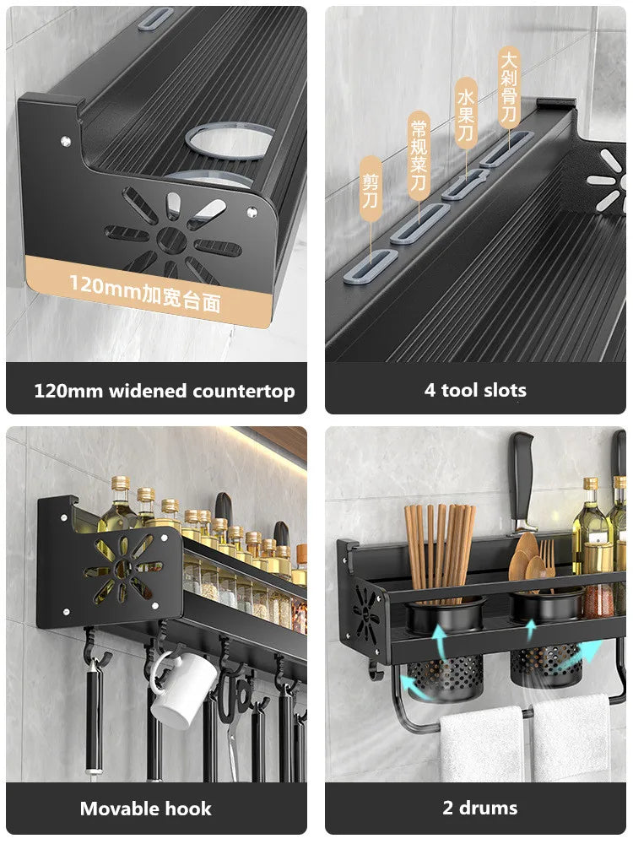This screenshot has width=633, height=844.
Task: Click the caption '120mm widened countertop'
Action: pyautogui.click(x=164, y=391)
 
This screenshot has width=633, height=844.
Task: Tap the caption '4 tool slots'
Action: pyautogui.click(x=475, y=390)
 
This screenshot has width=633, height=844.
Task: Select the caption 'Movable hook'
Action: pyautogui.click(x=145, y=809)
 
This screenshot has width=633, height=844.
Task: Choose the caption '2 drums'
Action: pyautogui.click(x=479, y=808)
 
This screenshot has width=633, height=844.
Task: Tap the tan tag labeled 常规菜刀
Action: pyautogui.click(x=419, y=157)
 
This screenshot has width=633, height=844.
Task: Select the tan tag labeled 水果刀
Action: pyautogui.click(x=467, y=113)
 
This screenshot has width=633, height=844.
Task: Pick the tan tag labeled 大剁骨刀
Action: pyautogui.click(x=508, y=87)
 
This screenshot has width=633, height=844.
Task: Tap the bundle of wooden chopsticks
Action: pyautogui.click(x=439, y=549)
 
